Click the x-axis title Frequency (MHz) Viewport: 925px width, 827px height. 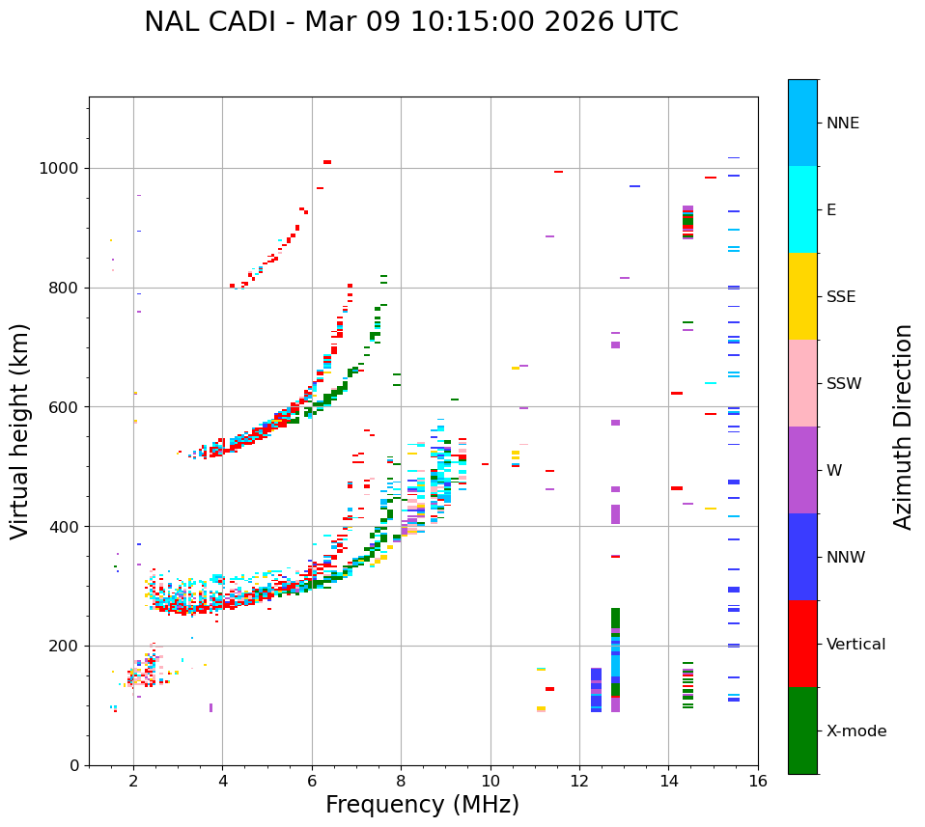click(422, 805)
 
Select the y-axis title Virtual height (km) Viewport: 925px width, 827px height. click(21, 431)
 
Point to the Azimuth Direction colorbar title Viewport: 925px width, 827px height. click(903, 427)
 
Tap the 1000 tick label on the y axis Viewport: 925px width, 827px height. click(60, 169)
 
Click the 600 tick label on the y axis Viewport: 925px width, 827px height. click(64, 407)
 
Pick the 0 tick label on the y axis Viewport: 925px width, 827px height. click(74, 765)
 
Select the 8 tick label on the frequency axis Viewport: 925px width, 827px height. click(401, 782)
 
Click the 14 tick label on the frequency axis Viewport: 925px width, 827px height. click(668, 782)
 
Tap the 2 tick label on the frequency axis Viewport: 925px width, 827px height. click(133, 782)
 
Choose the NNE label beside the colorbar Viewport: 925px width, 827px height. click(842, 124)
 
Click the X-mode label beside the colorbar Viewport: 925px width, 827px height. click(855, 731)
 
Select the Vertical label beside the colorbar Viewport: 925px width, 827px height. click(855, 645)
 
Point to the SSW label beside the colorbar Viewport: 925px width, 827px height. click(844, 384)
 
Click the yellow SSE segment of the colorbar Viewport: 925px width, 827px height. click(802, 296)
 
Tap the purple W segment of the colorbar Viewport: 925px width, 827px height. click(802, 470)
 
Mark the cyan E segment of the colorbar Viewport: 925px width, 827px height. click(802, 209)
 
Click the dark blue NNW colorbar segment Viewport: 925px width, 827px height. click(802, 557)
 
